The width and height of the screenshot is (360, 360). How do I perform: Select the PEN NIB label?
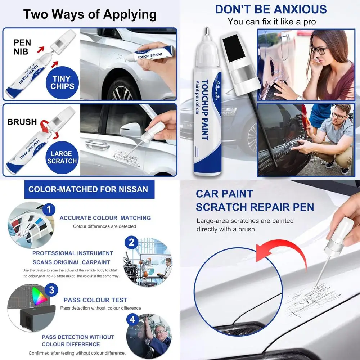click(22, 47)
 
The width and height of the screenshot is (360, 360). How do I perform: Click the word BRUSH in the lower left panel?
click(22, 122)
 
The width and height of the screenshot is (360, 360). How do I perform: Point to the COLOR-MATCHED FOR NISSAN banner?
click(89, 189)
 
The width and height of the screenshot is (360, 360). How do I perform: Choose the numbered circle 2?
click(131, 243)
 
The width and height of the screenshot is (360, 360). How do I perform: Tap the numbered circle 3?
click(52, 290)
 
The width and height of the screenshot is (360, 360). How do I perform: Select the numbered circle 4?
click(132, 319)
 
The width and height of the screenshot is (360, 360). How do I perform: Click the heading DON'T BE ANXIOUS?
click(271, 9)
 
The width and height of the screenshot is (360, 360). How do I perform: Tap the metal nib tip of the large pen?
click(207, 31)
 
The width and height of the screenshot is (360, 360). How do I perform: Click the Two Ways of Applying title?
click(90, 14)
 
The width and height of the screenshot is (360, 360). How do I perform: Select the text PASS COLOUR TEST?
click(95, 300)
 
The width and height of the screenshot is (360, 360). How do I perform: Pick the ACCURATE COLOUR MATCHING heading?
click(105, 218)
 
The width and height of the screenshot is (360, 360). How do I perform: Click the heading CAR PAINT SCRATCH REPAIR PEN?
click(255, 201)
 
